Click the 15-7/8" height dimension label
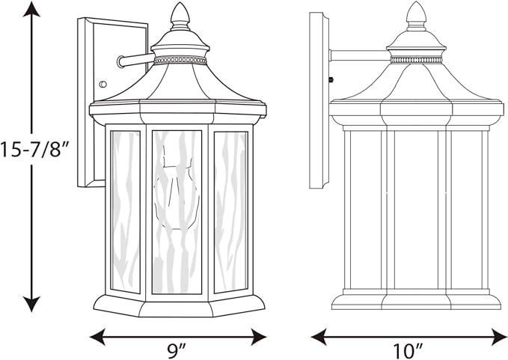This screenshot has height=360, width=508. click(34, 150)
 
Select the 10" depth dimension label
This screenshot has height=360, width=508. click(408, 351)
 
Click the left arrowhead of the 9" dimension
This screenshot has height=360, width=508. click(97, 337)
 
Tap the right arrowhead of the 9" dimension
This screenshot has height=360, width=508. click(259, 337)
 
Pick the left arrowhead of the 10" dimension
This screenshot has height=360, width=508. click(319, 337)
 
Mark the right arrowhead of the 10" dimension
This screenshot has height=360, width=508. click(499, 337)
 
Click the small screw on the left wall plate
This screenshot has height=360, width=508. click(102, 85)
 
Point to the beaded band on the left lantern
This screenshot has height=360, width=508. click(180, 61)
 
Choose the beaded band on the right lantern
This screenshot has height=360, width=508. click(416, 60)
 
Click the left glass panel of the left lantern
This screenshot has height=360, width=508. click(126, 212)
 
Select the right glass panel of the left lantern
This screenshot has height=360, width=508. click(230, 213)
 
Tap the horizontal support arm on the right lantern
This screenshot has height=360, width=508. click(360, 55)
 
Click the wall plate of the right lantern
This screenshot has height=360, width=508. click(319, 100)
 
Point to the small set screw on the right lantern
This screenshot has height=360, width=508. click(331, 79)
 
